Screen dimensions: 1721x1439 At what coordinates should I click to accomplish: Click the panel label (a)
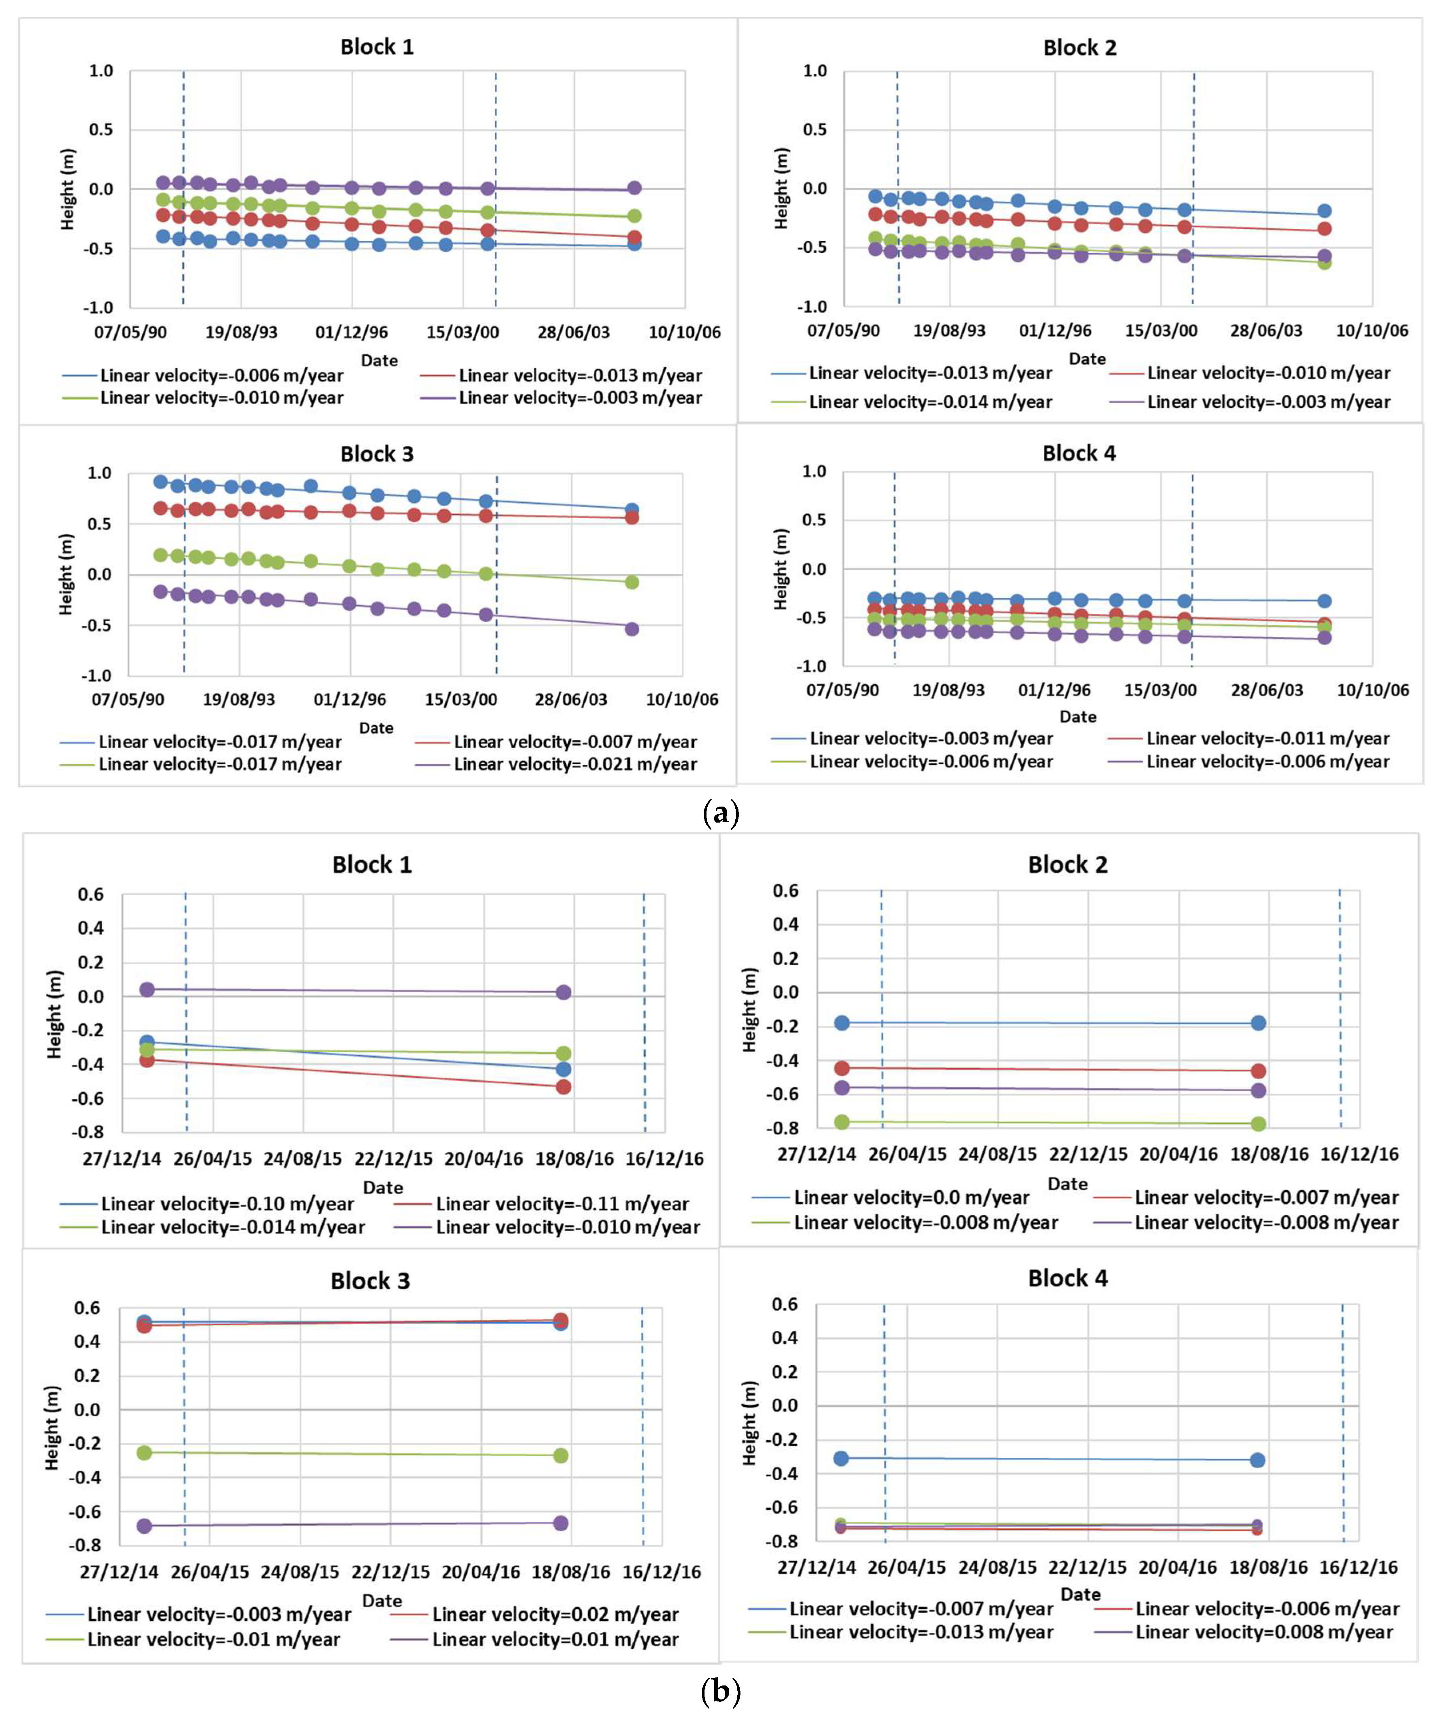pos(721,814)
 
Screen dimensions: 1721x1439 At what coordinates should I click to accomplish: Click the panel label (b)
pos(721,1691)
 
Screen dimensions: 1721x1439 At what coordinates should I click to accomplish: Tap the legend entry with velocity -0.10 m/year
pos(227,1204)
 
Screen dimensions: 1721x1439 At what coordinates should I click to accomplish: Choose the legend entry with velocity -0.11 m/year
pos(562,1204)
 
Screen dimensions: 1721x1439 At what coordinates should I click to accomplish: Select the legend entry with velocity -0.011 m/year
pos(1268,738)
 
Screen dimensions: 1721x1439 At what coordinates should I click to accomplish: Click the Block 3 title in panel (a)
pos(377,454)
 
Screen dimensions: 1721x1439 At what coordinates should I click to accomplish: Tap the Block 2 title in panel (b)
pos(1068,864)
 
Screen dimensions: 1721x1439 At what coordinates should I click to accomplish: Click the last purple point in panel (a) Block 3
pos(631,629)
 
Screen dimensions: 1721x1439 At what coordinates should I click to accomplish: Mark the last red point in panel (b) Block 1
pos(563,1087)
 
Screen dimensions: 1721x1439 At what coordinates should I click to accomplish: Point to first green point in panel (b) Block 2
pos(841,1122)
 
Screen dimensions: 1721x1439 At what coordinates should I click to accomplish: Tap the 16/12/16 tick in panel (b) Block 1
pos(665,1159)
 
